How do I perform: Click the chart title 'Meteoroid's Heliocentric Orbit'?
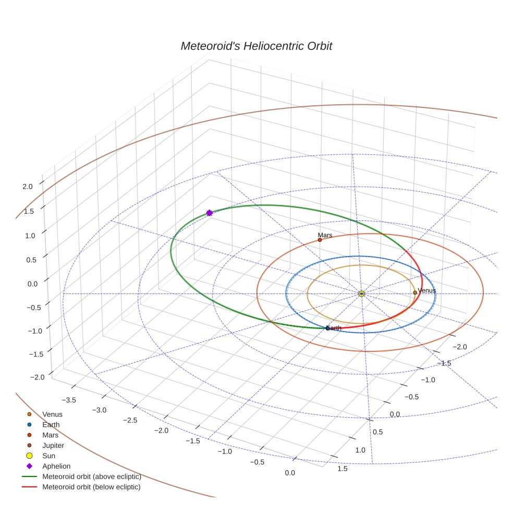click(256, 46)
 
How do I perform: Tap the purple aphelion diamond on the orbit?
click(209, 213)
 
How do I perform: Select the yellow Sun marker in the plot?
click(361, 294)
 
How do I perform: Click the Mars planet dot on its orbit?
click(320, 240)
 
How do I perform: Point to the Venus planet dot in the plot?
click(415, 292)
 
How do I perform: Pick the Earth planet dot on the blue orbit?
click(327, 328)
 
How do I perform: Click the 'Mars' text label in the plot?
click(325, 235)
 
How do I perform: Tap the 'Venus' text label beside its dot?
click(427, 290)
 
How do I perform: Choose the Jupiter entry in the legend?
click(53, 445)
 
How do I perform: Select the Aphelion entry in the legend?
click(56, 466)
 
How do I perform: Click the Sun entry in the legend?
click(48, 456)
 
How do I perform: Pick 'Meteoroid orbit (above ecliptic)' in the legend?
click(91, 477)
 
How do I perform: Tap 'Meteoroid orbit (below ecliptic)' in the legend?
click(91, 487)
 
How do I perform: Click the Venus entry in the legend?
click(52, 414)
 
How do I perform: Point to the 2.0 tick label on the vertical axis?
click(28, 186)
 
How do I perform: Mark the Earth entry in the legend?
click(51, 424)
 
